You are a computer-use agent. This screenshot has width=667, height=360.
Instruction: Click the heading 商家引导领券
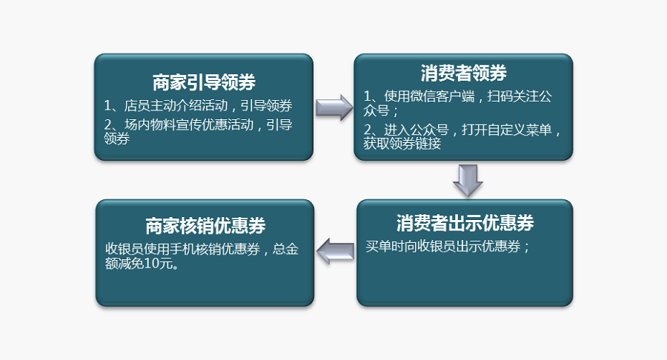[204, 81]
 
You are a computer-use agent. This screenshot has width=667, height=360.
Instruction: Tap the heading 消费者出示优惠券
[465, 223]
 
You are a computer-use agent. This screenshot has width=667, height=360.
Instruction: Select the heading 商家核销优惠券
[205, 226]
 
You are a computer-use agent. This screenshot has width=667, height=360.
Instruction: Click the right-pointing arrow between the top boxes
[334, 107]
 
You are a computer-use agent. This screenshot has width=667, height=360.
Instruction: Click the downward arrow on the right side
[468, 180]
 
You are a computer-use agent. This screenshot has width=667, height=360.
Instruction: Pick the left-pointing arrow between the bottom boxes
[335, 252]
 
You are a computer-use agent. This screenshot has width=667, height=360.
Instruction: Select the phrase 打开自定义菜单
[505, 130]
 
